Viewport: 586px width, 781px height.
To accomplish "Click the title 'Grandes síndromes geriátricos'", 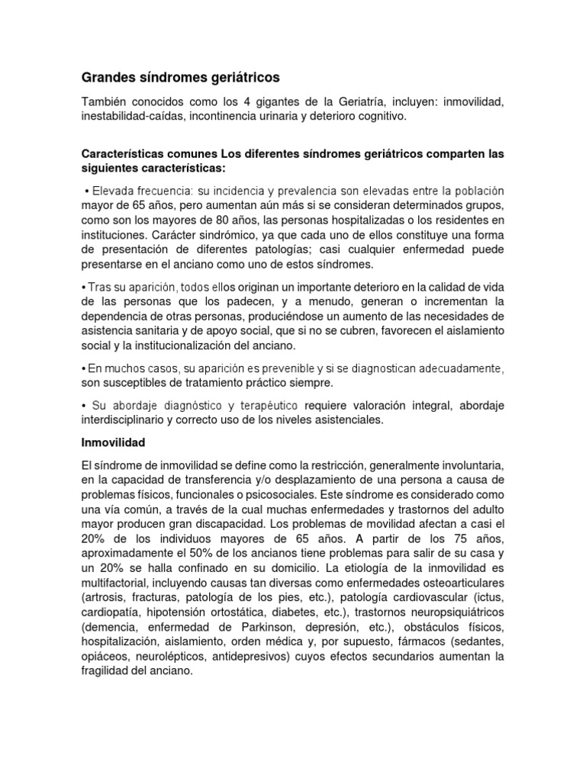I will point(180,78).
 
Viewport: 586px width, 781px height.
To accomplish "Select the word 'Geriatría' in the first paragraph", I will point(420,101).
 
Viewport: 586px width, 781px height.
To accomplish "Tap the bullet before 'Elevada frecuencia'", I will point(87,190).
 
